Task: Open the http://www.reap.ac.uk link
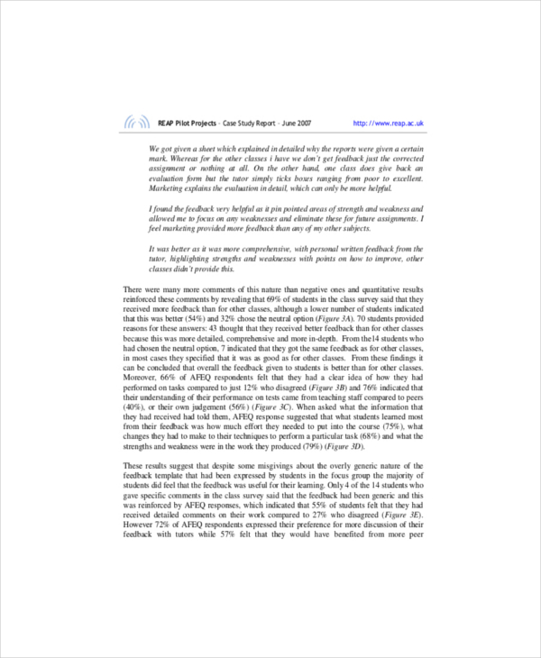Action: (389, 123)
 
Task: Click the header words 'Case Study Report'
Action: (235, 123)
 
